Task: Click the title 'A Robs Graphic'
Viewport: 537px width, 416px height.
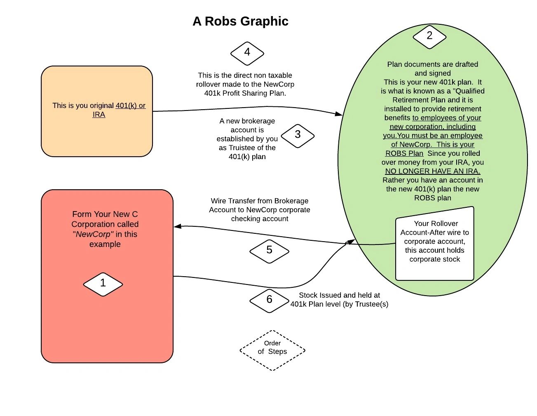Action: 240,21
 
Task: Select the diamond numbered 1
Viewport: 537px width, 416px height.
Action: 103,284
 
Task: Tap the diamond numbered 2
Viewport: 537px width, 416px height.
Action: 429,36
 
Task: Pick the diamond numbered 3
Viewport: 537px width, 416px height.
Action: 298,135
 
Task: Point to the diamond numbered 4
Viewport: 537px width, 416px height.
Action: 247,53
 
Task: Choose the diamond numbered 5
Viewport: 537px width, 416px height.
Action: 269,250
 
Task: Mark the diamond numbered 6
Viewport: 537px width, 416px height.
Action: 269,300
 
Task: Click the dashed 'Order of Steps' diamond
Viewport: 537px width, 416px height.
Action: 272,350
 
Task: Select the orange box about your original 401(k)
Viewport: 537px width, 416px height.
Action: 97,111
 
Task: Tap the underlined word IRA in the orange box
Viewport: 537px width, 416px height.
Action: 99,115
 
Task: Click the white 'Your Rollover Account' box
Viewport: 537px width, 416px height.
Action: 434,244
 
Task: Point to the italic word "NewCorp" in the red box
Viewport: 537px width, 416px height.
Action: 93,234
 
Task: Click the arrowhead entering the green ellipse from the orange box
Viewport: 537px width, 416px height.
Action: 339,114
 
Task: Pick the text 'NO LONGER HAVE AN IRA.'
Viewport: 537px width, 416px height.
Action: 433,171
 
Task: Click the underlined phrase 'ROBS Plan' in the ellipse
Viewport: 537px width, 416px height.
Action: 404,153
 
